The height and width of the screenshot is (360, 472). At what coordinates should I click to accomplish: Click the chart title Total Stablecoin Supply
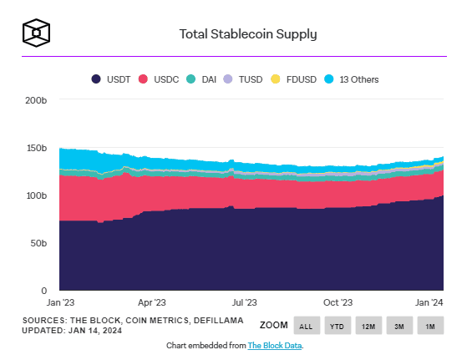[248, 34]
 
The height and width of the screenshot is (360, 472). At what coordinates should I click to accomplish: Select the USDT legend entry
[111, 79]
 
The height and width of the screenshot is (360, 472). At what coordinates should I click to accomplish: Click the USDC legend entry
[159, 79]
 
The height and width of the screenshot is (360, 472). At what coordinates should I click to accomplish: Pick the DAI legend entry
[201, 79]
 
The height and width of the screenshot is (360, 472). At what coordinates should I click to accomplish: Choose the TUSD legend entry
[243, 79]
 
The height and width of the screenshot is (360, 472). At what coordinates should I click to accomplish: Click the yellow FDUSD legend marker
[276, 79]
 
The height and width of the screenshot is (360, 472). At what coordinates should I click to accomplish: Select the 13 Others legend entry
[352, 79]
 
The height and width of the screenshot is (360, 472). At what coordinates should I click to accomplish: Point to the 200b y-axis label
[36, 100]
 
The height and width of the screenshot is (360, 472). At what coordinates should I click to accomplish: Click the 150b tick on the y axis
[37, 148]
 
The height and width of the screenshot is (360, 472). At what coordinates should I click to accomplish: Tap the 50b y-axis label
[38, 243]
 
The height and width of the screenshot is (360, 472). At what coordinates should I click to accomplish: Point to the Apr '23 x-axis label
[152, 302]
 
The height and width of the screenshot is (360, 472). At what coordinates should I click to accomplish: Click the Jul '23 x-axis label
[244, 302]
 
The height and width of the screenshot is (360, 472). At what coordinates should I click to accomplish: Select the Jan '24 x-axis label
[429, 302]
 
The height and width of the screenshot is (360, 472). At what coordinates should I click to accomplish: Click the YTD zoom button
[338, 326]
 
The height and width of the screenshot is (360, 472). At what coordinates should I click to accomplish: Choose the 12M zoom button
[368, 326]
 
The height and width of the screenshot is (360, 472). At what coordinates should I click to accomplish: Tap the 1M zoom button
[430, 326]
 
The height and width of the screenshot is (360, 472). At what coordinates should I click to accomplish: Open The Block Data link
[275, 346]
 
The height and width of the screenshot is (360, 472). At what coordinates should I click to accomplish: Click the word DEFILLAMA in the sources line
[219, 321]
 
